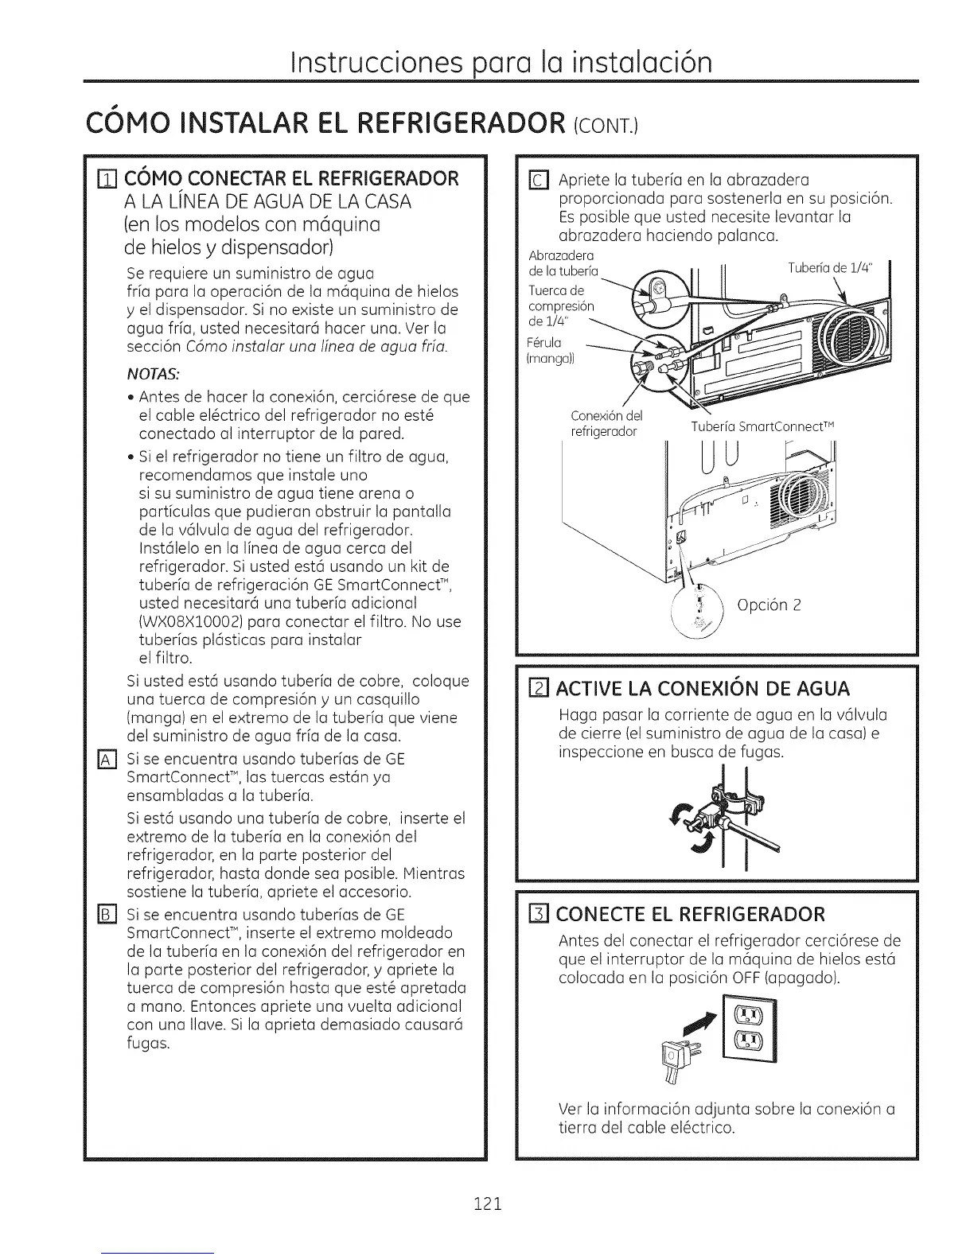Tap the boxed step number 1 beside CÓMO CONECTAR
tap(117, 177)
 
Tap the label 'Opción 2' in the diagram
tap(769, 605)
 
